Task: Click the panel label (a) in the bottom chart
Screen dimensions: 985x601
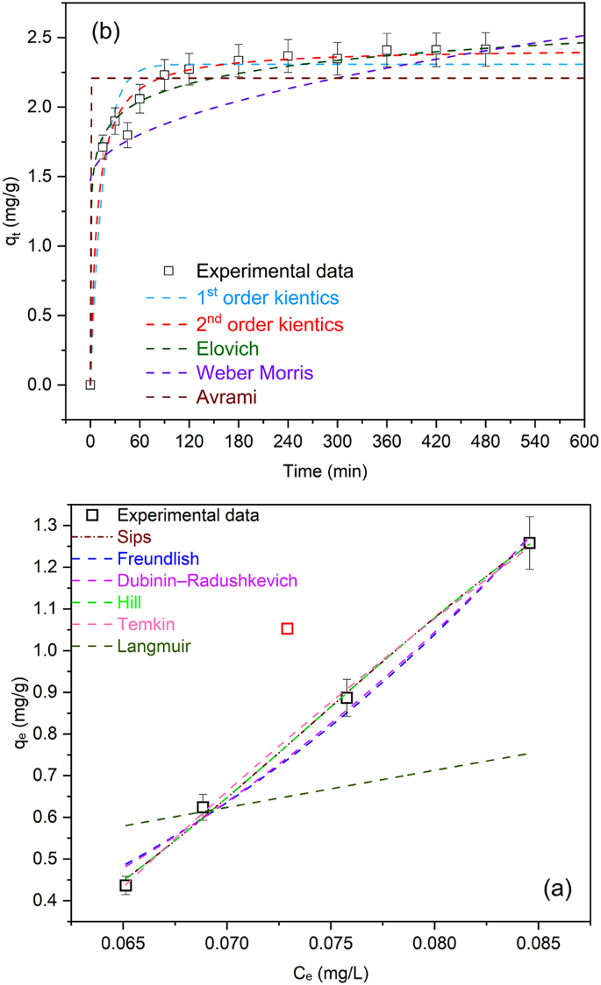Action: (x=557, y=889)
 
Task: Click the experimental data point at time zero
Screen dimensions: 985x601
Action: (x=90, y=385)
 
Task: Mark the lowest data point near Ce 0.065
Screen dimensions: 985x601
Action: (x=126, y=885)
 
